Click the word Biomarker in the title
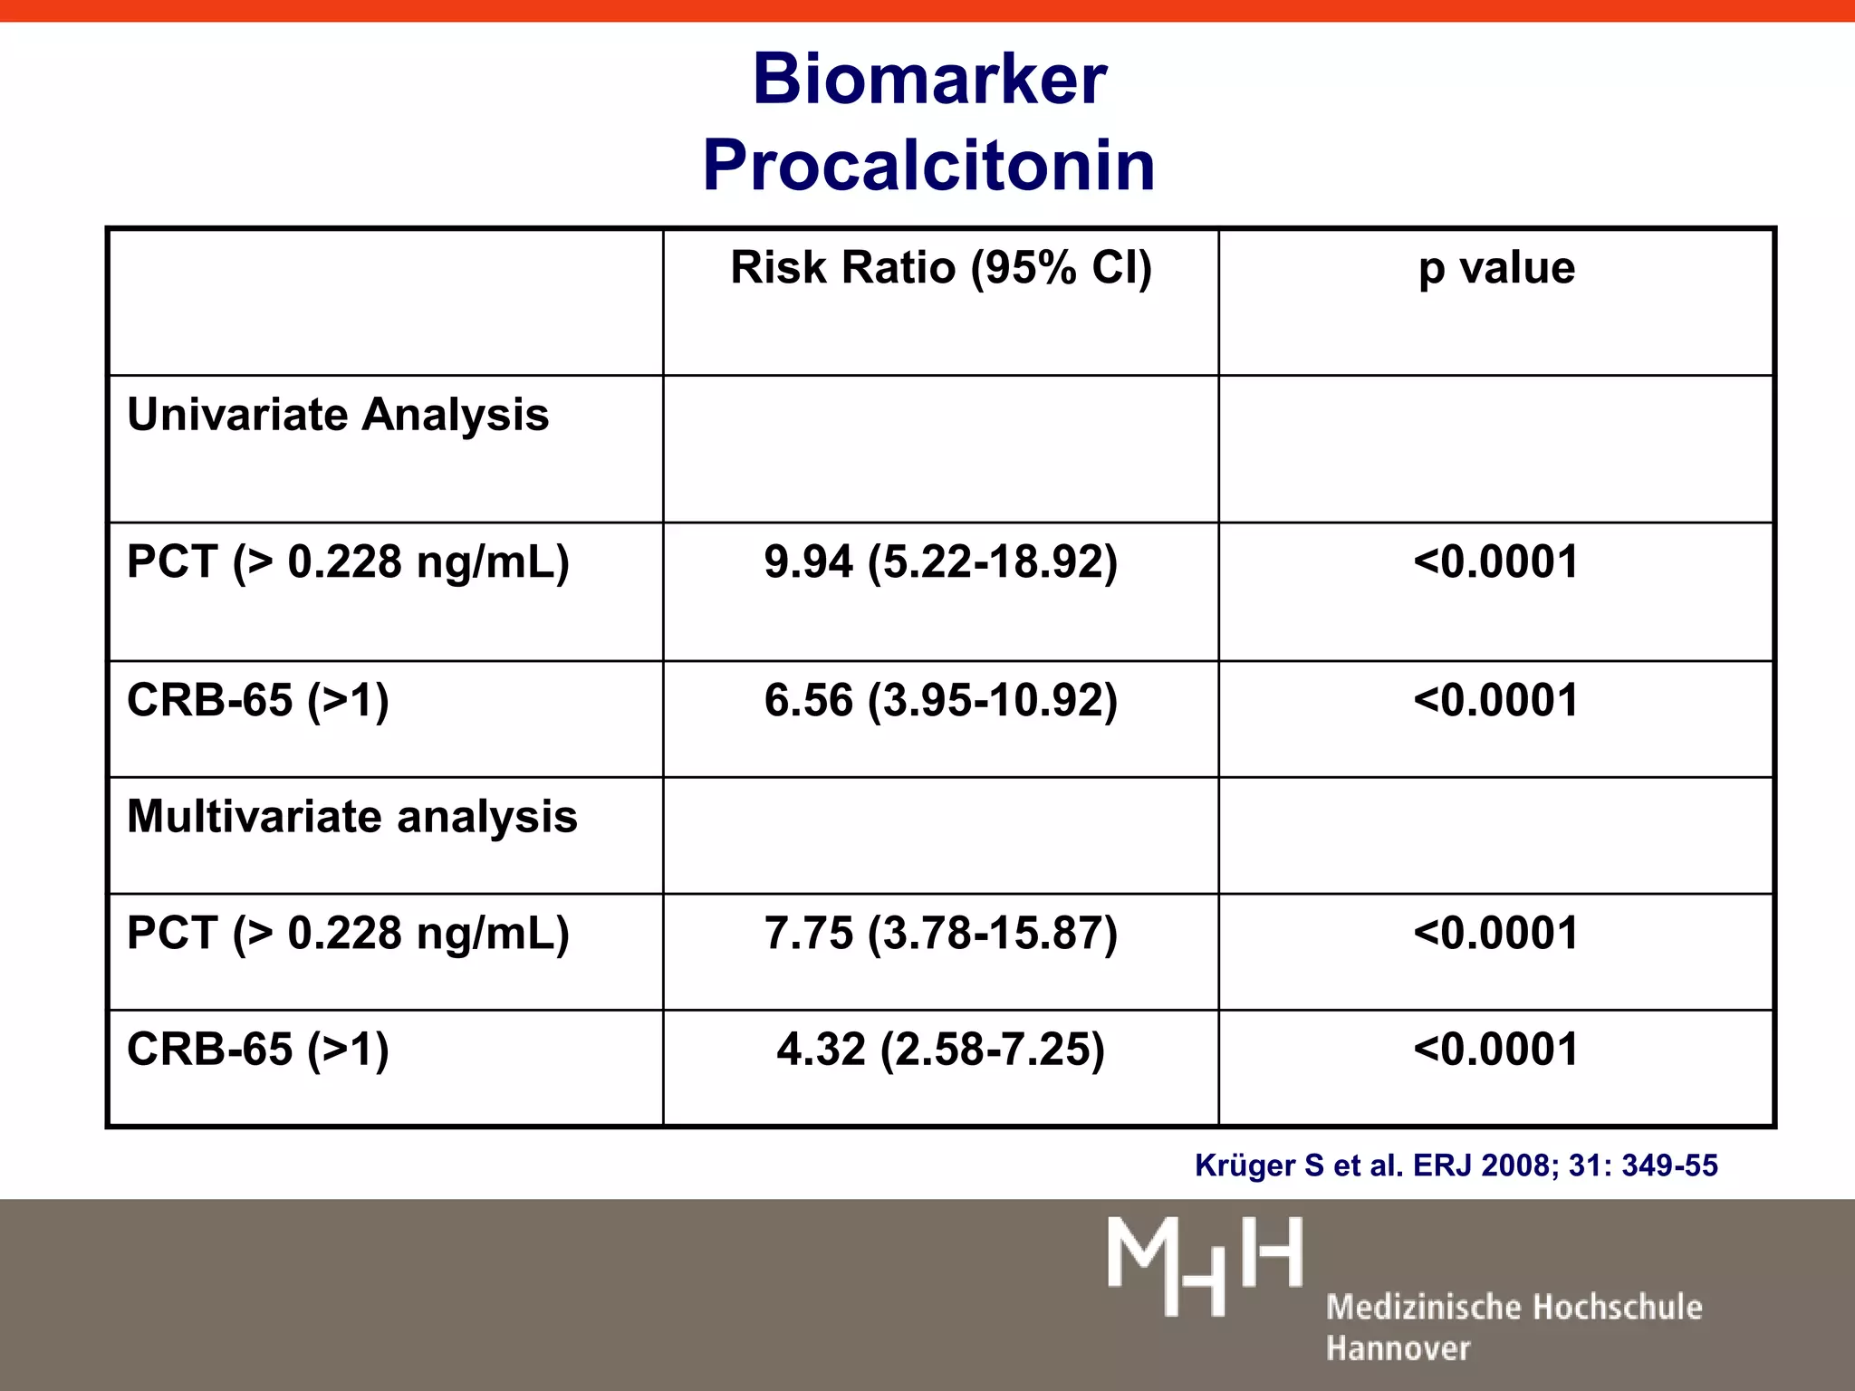929,80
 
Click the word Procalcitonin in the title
929,167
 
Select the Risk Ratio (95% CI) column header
941,268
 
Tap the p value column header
1496,268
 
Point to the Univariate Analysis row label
338,415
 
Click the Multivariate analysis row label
351,817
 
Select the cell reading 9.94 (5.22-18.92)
941,562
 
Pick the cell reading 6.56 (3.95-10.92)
941,701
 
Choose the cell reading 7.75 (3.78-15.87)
941,934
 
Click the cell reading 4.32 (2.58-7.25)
941,1050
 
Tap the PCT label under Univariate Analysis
348,562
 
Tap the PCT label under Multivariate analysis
348,934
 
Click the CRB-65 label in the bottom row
258,1050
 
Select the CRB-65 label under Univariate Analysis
258,701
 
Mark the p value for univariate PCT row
1496,562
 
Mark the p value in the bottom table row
1496,1050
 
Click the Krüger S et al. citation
1456,1166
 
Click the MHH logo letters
1205,1266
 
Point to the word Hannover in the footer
1398,1348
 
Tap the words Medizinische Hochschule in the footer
1514,1308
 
